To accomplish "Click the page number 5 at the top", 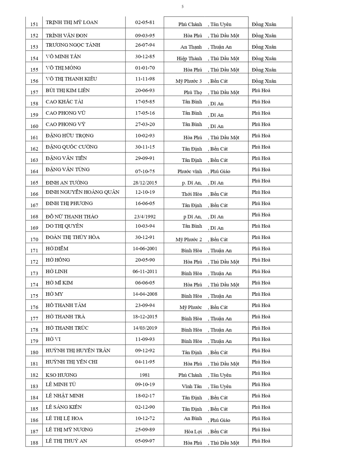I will (x=182, y=7).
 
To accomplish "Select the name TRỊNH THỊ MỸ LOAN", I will (x=72, y=22).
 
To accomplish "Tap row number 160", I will (x=34, y=126).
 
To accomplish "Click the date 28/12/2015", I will (x=145, y=183).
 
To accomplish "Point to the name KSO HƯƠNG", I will (x=61, y=375).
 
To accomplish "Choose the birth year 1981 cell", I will (x=145, y=375).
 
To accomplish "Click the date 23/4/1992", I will (x=145, y=217).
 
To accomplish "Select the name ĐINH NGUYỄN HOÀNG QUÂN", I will (x=82, y=192).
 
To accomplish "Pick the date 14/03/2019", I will (x=145, y=328).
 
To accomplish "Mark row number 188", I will (x=34, y=443).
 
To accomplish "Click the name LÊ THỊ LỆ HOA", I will (x=64, y=418).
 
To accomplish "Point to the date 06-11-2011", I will (x=145, y=271).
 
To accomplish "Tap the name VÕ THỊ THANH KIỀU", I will (x=71, y=79).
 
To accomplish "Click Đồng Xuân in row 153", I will (x=264, y=47).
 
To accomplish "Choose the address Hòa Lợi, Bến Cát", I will (x=206, y=432).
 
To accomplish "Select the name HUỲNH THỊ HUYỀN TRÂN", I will (x=78, y=350).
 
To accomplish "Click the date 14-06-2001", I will (x=145, y=249).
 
